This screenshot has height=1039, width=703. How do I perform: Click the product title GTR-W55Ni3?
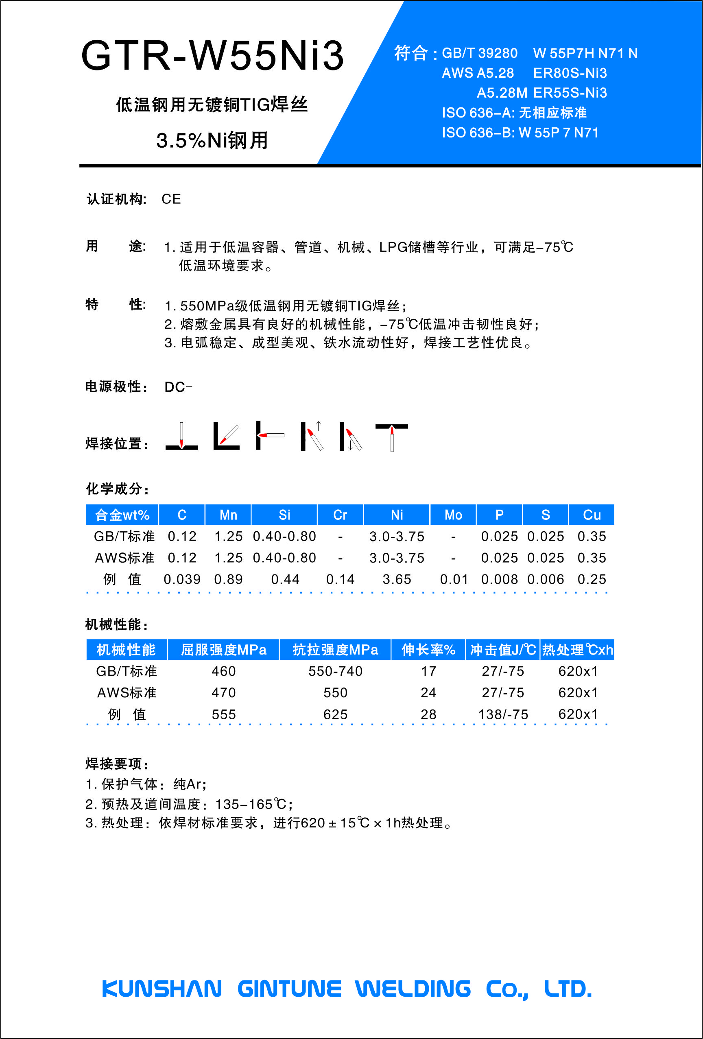click(212, 55)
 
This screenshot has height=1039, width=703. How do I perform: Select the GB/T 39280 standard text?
click(479, 53)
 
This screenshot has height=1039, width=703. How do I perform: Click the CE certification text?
click(171, 199)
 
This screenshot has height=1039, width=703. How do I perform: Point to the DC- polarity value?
click(178, 387)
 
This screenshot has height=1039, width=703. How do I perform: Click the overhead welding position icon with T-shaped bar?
click(391, 437)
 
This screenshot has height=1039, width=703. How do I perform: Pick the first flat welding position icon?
click(181, 436)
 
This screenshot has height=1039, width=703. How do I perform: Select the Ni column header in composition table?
click(397, 515)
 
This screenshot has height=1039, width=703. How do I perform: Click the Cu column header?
click(591, 515)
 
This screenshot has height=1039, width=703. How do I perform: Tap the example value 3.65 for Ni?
click(397, 579)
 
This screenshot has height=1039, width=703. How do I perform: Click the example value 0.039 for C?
click(182, 579)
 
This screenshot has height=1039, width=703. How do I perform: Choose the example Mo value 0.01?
click(454, 579)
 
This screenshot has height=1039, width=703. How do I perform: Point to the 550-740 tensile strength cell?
click(335, 671)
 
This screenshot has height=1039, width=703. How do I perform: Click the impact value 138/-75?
click(503, 714)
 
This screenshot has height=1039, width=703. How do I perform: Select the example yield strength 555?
click(224, 714)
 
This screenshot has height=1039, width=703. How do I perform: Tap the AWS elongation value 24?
click(428, 692)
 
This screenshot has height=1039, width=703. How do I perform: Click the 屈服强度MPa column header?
click(224, 650)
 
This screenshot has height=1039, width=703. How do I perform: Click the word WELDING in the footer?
click(413, 989)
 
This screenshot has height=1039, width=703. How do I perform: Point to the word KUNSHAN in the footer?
click(162, 989)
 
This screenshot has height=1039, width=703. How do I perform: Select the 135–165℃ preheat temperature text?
click(251, 804)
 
